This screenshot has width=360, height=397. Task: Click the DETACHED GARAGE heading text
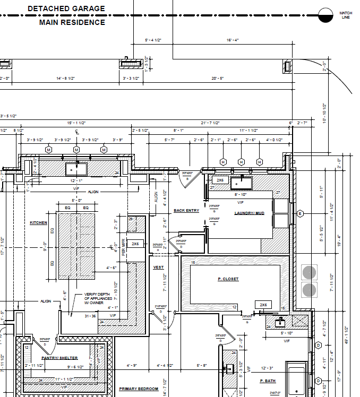(x=73, y=9)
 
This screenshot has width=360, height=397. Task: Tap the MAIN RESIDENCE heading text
(x=72, y=22)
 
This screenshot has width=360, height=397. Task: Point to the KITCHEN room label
(x=38, y=223)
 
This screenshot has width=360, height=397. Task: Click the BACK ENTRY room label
(x=186, y=211)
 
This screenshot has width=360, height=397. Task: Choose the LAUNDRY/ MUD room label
(x=249, y=213)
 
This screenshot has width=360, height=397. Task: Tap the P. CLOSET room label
(x=228, y=279)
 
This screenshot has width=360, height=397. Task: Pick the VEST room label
(x=158, y=267)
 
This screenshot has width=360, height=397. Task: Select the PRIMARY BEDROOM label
(x=139, y=389)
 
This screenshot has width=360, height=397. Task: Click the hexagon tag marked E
(x=300, y=214)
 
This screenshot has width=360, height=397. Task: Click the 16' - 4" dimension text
(x=233, y=40)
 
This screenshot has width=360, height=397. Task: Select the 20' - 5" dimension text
(x=217, y=79)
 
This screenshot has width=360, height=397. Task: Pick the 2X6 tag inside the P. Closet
(x=262, y=305)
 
